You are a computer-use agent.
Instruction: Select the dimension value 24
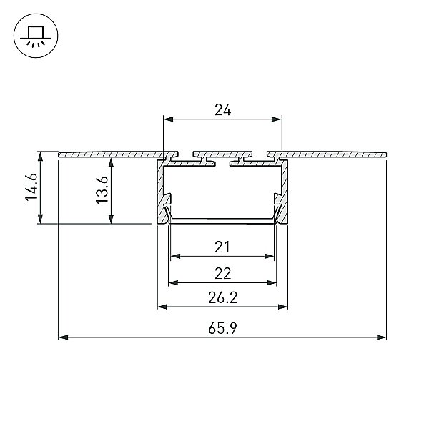222,110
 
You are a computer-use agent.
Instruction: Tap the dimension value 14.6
31,187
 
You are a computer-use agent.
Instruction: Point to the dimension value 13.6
102,190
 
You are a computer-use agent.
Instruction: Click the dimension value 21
222,247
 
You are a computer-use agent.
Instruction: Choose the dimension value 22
222,273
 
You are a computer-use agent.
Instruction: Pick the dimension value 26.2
222,297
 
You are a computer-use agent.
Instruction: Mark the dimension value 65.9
222,328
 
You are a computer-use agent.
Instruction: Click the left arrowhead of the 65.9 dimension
64,337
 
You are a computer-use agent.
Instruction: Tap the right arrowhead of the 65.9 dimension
381,337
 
